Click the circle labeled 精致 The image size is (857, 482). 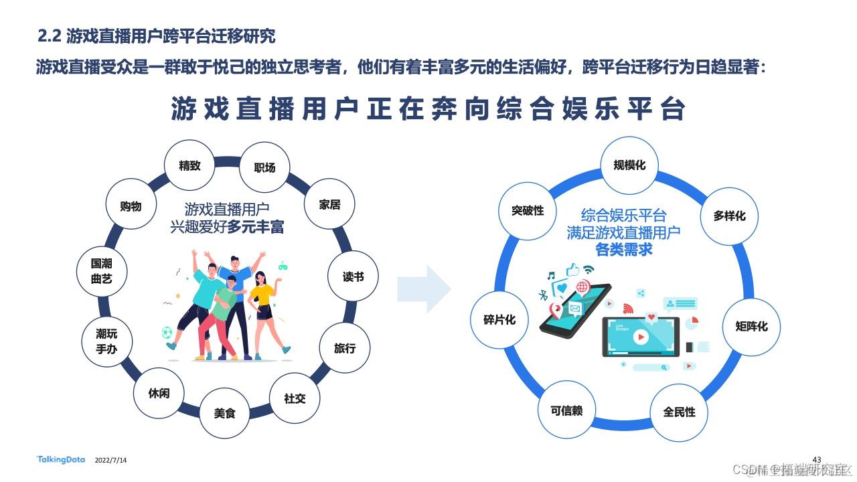pos(189,165)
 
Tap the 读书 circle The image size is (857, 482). pos(353,276)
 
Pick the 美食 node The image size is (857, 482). pos(225,413)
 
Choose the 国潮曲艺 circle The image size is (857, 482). pos(102,272)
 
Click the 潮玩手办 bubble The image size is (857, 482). pos(106,341)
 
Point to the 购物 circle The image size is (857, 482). pos(131,206)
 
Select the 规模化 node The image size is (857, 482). pos(629,165)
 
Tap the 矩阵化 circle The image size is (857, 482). pos(751,327)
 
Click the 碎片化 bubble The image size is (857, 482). pos(499,320)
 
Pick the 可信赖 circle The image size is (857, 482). pos(566,410)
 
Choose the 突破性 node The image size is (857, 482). pos(528,211)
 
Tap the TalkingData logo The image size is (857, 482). pos(61,459)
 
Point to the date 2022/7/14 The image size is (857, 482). pos(111,461)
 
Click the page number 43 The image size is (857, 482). pos(816,458)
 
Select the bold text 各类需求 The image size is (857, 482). pos(624,250)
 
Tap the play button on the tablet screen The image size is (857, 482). pos(641,339)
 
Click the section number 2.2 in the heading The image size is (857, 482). pos(50,36)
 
